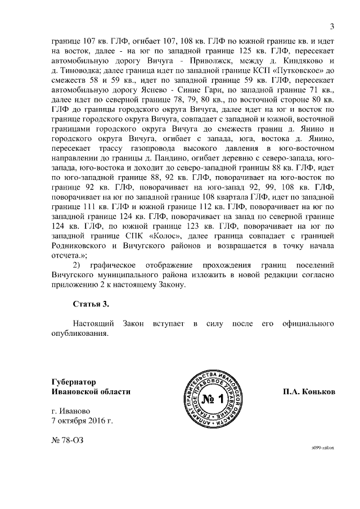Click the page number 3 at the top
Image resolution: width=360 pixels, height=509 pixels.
[x=332, y=26]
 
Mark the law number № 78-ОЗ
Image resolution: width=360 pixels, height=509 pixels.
[x=66, y=441]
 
